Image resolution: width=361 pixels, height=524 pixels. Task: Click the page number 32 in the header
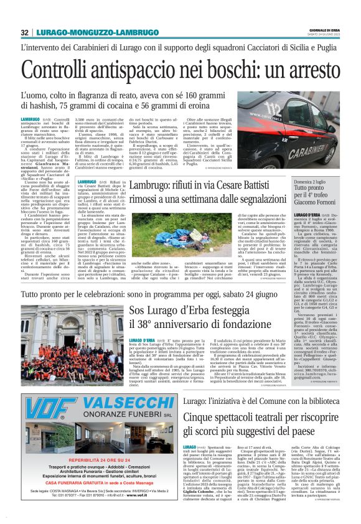coord(24,32)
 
